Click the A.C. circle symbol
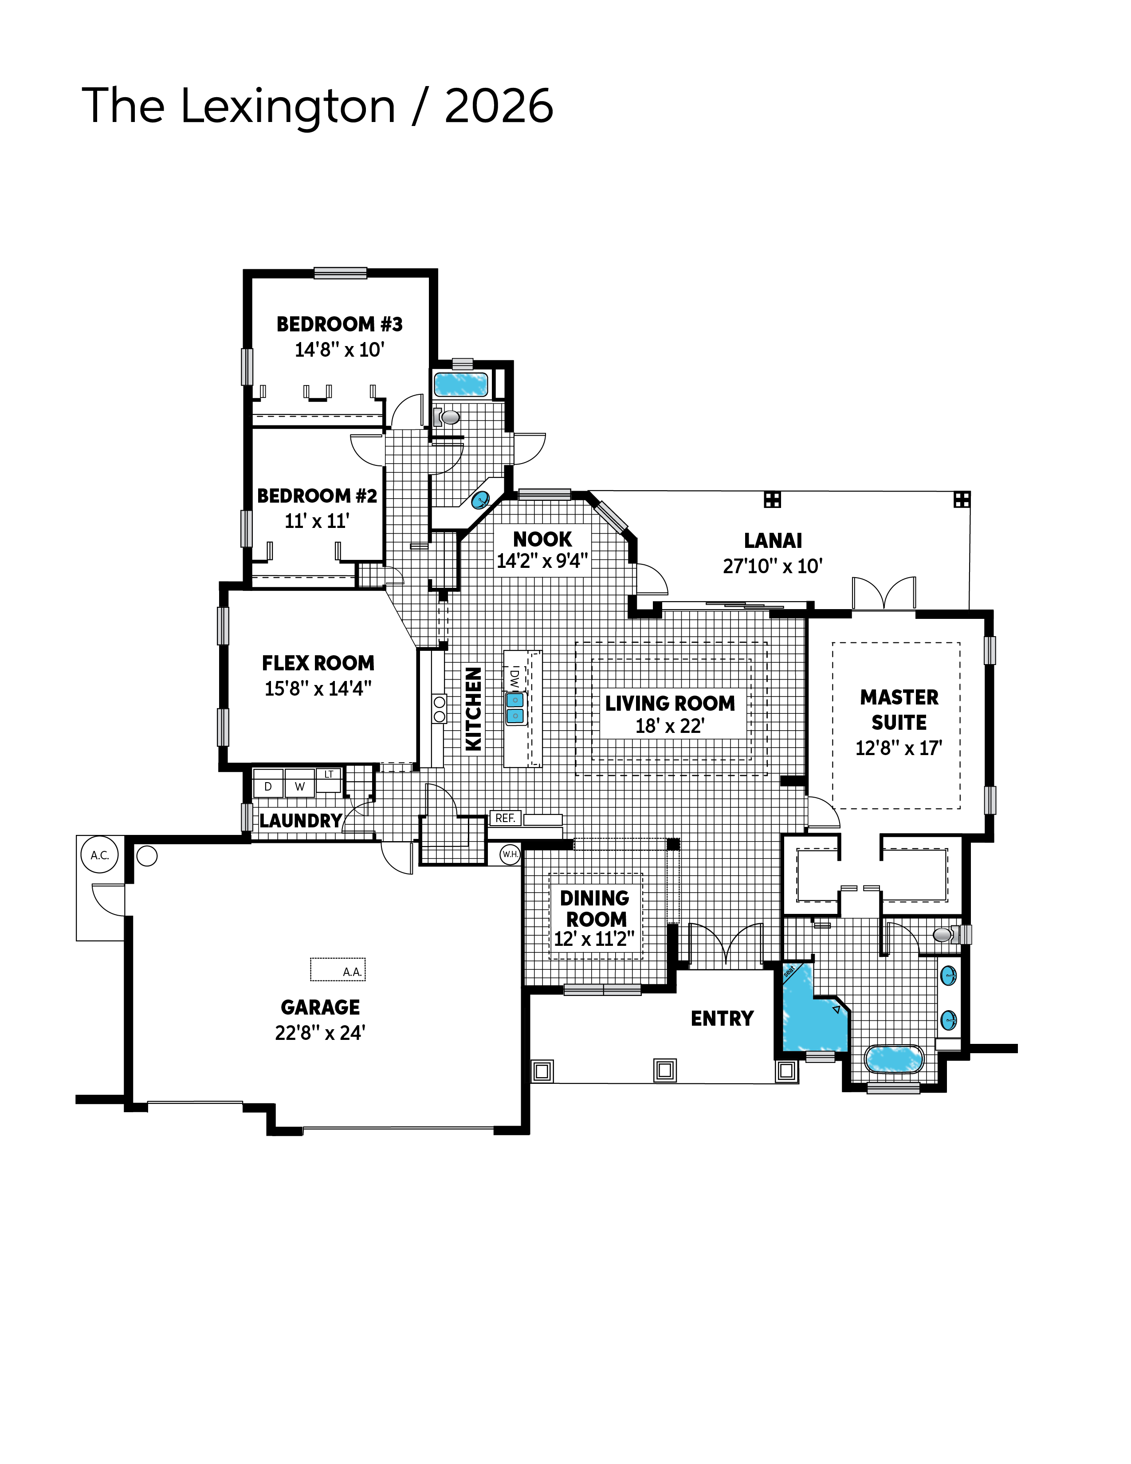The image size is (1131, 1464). click(x=100, y=855)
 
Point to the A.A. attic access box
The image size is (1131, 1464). click(x=338, y=969)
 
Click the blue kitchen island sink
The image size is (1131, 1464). click(x=514, y=708)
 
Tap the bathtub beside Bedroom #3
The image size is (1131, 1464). click(x=461, y=385)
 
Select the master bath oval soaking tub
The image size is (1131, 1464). click(x=894, y=1059)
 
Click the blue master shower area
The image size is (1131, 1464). click(x=813, y=1014)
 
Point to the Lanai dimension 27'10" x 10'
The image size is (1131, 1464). click(x=773, y=567)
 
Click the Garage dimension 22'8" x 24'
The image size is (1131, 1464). click(x=320, y=1033)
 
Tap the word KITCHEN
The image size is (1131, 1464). click(x=474, y=709)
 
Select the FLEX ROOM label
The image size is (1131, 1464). click(x=318, y=663)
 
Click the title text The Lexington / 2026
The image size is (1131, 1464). click(x=318, y=106)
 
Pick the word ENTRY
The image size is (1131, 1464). click(x=722, y=1019)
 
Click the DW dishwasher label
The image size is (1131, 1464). click(x=514, y=678)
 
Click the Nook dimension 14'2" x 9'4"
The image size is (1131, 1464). click(x=542, y=561)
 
